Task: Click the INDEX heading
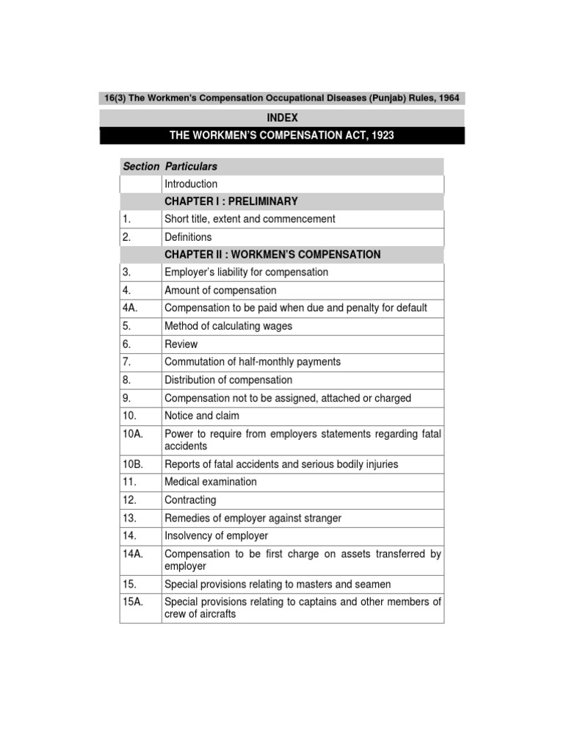(x=282, y=117)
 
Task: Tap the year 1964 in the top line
(x=449, y=98)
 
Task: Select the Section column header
(x=140, y=167)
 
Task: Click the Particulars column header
(x=191, y=167)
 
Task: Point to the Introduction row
(x=191, y=184)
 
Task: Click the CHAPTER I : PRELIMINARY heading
(x=231, y=201)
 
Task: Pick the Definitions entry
(x=188, y=237)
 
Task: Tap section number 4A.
(x=131, y=308)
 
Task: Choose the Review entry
(x=181, y=344)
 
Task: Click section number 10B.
(x=133, y=464)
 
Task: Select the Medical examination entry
(x=211, y=482)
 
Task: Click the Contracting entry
(x=190, y=500)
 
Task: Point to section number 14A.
(x=133, y=554)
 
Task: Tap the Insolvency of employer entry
(x=216, y=536)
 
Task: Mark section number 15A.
(x=133, y=601)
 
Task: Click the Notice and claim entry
(x=202, y=416)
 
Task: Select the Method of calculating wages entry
(x=228, y=326)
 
